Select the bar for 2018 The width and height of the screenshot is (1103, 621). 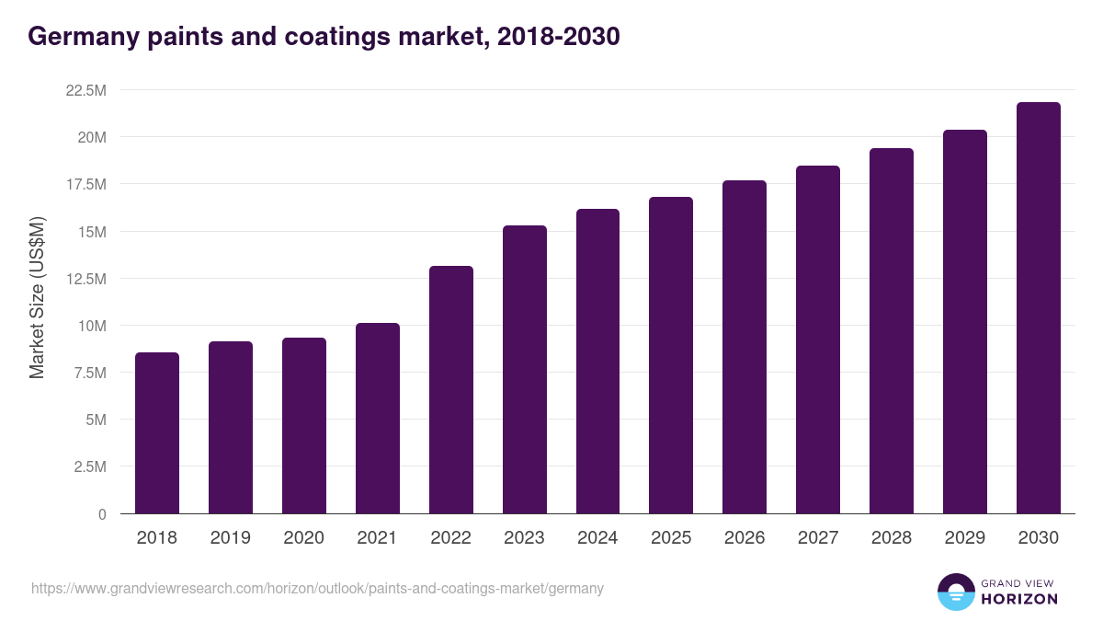click(157, 432)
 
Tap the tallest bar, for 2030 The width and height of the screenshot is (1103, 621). click(1039, 307)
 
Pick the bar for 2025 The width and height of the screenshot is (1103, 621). click(671, 355)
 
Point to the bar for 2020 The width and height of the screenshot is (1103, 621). click(304, 425)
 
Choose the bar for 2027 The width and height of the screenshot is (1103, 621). click(818, 339)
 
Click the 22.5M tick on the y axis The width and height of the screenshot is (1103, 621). click(86, 90)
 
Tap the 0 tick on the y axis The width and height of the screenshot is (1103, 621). click(102, 514)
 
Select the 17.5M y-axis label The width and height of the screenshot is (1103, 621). click(86, 184)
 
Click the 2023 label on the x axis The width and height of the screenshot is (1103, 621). click(524, 538)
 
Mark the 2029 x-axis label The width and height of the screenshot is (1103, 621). click(965, 538)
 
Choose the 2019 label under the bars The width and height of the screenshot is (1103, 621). click(230, 538)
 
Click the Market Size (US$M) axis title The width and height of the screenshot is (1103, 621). click(37, 296)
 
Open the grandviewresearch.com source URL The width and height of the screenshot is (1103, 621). click(317, 588)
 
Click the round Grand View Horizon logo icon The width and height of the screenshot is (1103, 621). click(956, 592)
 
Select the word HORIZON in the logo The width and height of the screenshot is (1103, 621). click(1019, 599)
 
